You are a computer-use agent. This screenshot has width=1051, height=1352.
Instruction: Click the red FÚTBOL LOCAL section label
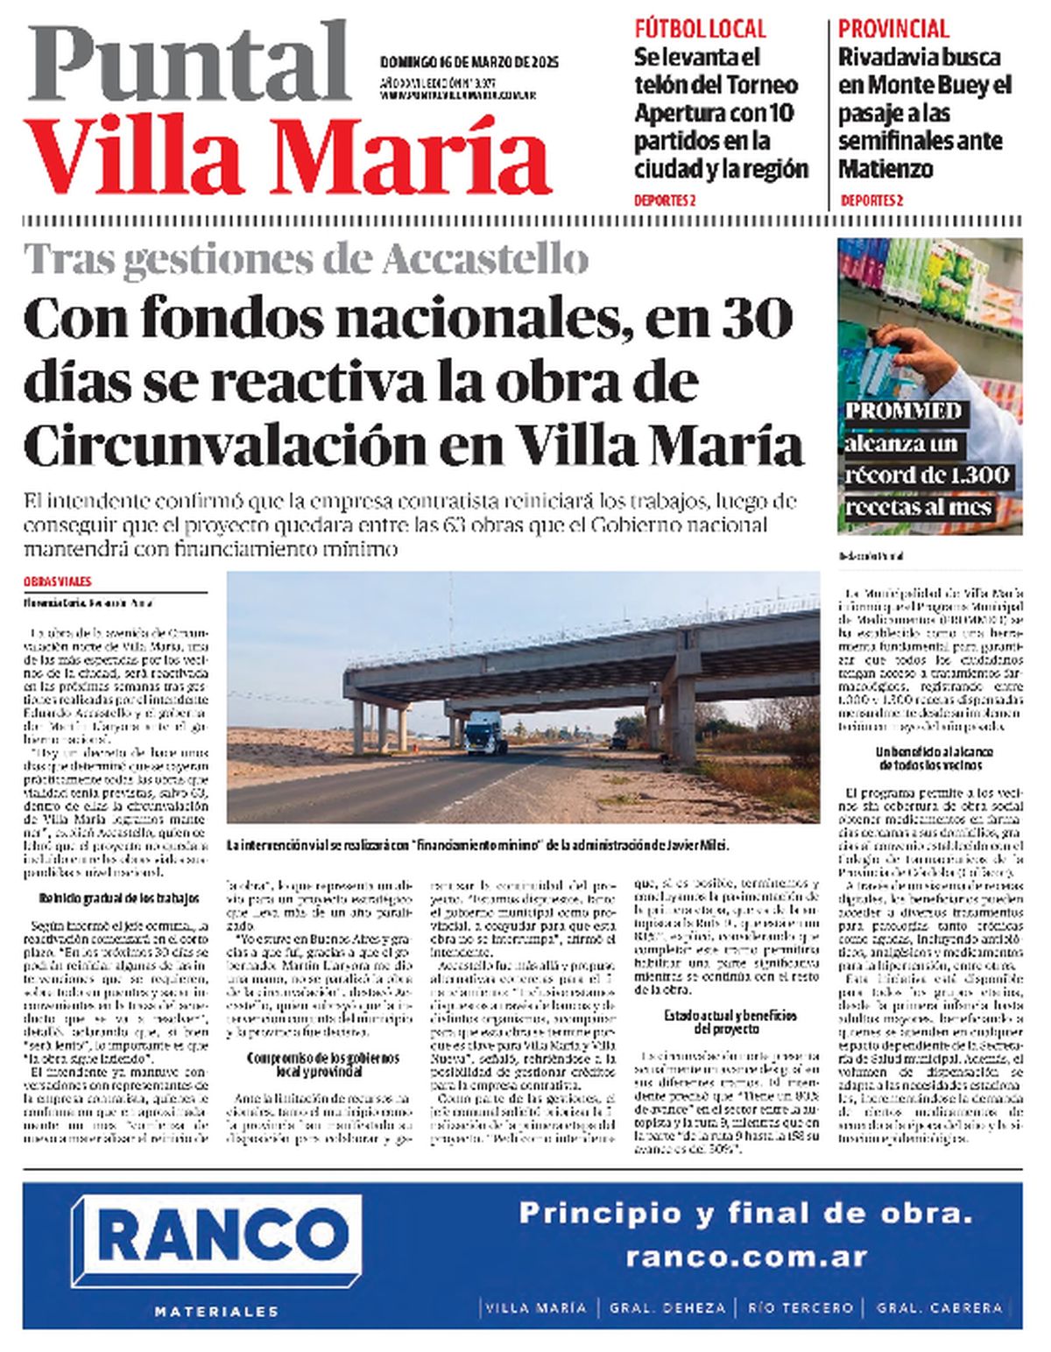[x=700, y=28]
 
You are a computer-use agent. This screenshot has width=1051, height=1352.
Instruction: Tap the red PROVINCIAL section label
[x=893, y=28]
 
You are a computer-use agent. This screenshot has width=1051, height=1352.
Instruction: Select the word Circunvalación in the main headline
[x=225, y=445]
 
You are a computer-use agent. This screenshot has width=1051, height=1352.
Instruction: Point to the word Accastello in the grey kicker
[x=484, y=258]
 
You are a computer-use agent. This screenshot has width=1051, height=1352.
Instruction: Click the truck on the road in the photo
[x=484, y=734]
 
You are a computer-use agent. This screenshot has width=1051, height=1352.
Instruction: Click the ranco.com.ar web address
[x=746, y=1257]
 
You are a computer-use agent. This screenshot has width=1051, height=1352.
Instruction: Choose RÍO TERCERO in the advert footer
[x=801, y=1307]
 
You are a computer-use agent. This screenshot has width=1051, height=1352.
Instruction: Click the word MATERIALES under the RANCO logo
[x=216, y=1311]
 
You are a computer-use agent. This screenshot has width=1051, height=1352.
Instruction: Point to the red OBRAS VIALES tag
[x=58, y=581]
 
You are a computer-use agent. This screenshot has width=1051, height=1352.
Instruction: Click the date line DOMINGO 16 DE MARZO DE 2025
[x=469, y=62]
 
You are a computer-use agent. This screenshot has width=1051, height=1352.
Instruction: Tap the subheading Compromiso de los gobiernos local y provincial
[x=322, y=1065]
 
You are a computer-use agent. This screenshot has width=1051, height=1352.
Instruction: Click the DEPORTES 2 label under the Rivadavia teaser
[x=871, y=201]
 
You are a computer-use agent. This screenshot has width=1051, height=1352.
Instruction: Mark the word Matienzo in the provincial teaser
[x=885, y=169]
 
